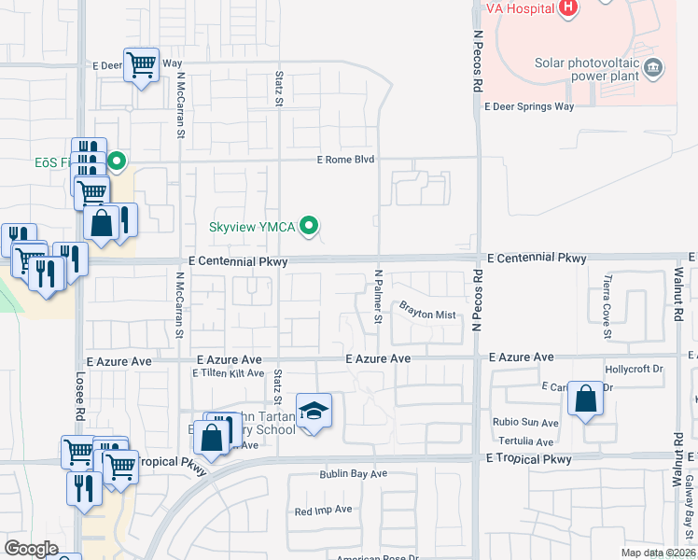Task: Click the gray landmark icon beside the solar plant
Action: tap(654, 66)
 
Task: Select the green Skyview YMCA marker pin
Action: tap(312, 225)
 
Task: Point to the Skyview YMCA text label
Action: tap(252, 226)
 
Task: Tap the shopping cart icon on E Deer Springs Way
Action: tap(141, 65)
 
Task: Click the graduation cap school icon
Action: tap(314, 411)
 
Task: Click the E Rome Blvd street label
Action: tap(345, 160)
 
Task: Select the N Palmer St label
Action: tap(379, 297)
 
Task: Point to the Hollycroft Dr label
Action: tap(634, 369)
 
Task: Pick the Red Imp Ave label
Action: tap(323, 511)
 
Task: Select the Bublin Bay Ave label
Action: tap(353, 474)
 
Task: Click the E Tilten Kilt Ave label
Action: tap(229, 373)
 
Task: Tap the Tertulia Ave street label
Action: tap(525, 441)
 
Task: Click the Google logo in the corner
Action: tap(31, 548)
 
